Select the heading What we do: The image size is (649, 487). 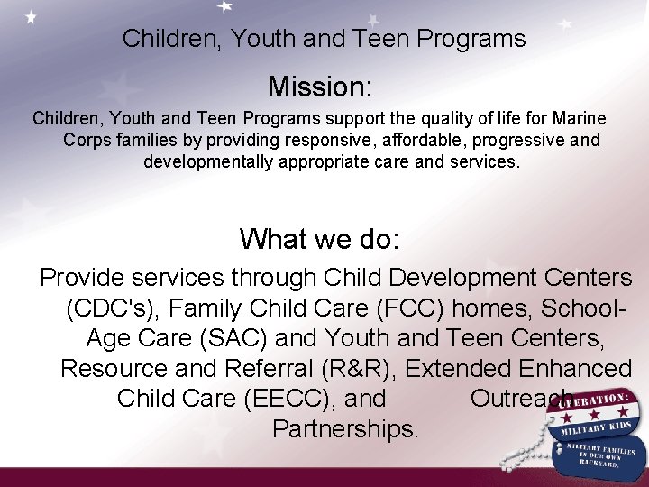319,239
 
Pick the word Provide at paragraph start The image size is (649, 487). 86,277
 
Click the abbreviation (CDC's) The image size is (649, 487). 113,308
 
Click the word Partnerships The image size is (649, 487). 345,428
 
